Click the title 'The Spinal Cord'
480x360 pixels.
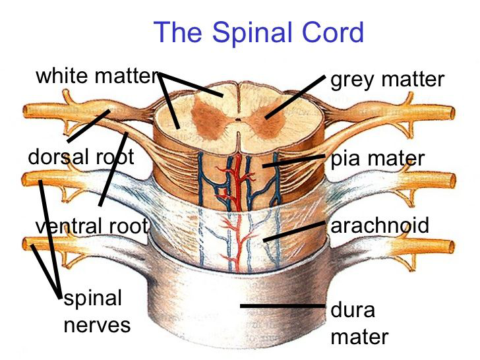click(x=258, y=32)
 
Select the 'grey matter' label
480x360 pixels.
click(x=387, y=80)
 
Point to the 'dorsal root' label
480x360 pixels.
click(x=81, y=157)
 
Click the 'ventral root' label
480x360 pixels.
click(x=92, y=226)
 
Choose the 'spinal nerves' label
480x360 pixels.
click(x=94, y=311)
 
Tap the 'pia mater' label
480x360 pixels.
click(x=377, y=159)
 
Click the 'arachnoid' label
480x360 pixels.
click(x=379, y=225)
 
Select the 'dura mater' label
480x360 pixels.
click(x=359, y=324)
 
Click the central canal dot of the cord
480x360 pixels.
click(x=237, y=121)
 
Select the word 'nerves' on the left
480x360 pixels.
click(x=97, y=325)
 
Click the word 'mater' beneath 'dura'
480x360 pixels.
click(x=359, y=337)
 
